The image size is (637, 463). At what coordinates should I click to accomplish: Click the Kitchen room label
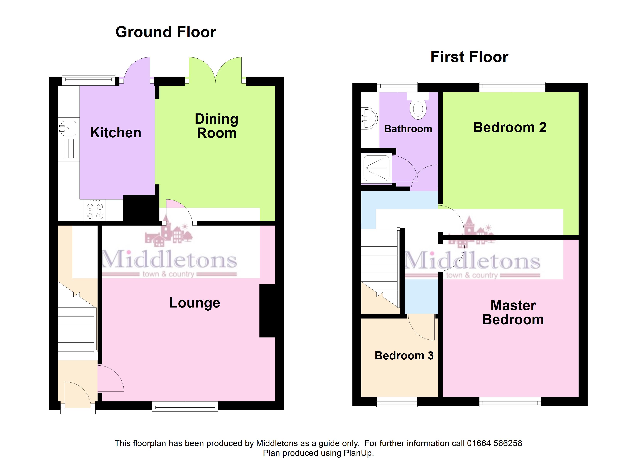point(115,133)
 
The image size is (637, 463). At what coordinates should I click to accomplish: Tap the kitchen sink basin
point(68,129)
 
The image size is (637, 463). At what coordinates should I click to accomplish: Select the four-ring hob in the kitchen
point(95,210)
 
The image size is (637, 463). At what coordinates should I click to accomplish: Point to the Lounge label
point(195,303)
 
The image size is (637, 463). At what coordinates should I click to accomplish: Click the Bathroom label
point(408,129)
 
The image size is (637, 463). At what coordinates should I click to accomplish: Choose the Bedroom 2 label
point(510,127)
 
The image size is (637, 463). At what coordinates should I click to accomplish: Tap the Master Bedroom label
point(513,312)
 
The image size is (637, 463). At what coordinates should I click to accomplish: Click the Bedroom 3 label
point(404,356)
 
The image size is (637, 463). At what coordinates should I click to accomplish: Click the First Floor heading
point(469,57)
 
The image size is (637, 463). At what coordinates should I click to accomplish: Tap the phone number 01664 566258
point(494,443)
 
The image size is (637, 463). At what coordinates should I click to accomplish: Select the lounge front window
point(185,406)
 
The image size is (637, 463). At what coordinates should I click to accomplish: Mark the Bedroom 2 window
point(512,87)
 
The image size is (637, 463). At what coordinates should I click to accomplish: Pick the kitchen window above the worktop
point(88,80)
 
